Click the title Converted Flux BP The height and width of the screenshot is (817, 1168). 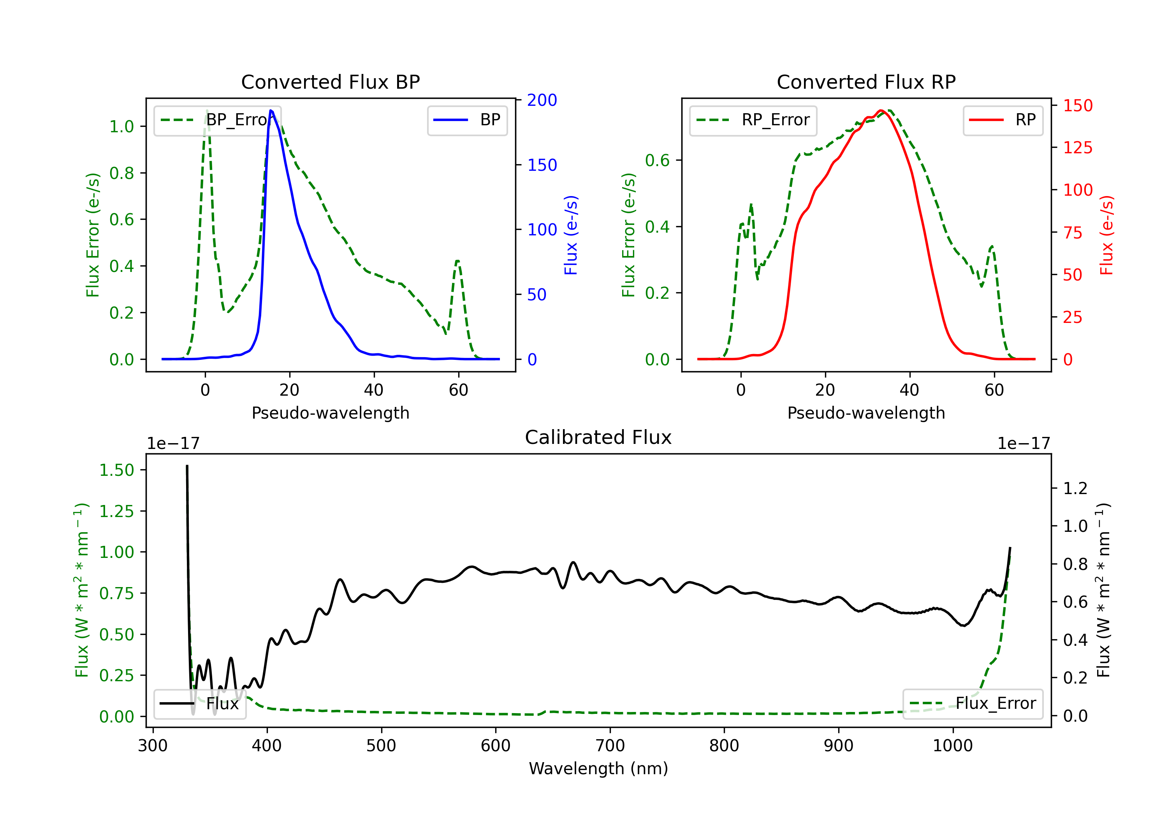pyautogui.click(x=330, y=82)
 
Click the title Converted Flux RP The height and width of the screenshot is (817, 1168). pyautogui.click(x=866, y=82)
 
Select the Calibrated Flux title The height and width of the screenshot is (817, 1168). pyautogui.click(x=598, y=437)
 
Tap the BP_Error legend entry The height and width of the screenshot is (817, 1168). pyautogui.click(x=217, y=120)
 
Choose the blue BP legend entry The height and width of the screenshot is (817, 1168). pyautogui.click(x=467, y=120)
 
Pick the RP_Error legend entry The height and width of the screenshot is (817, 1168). pyautogui.click(x=753, y=120)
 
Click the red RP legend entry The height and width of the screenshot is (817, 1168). pyautogui.click(x=1003, y=120)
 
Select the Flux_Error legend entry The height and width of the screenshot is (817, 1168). pyautogui.click(x=973, y=704)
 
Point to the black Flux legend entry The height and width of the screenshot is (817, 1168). pyautogui.click(x=199, y=704)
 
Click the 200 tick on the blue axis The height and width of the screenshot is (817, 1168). pyautogui.click(x=542, y=100)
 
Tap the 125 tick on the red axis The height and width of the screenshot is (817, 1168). pyautogui.click(x=1077, y=148)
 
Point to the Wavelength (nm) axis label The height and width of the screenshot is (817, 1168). pyautogui.click(x=598, y=768)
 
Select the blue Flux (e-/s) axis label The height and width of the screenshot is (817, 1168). pyautogui.click(x=571, y=235)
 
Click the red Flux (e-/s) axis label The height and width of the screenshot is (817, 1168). pyautogui.click(x=1107, y=235)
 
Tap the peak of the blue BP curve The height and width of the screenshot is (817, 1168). pyautogui.click(x=271, y=110)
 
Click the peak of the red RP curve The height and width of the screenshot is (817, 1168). pyautogui.click(x=881, y=110)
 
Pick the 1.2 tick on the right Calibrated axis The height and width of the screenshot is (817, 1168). pyautogui.click(x=1075, y=489)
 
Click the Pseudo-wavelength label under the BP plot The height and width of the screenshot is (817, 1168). pyautogui.click(x=330, y=413)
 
